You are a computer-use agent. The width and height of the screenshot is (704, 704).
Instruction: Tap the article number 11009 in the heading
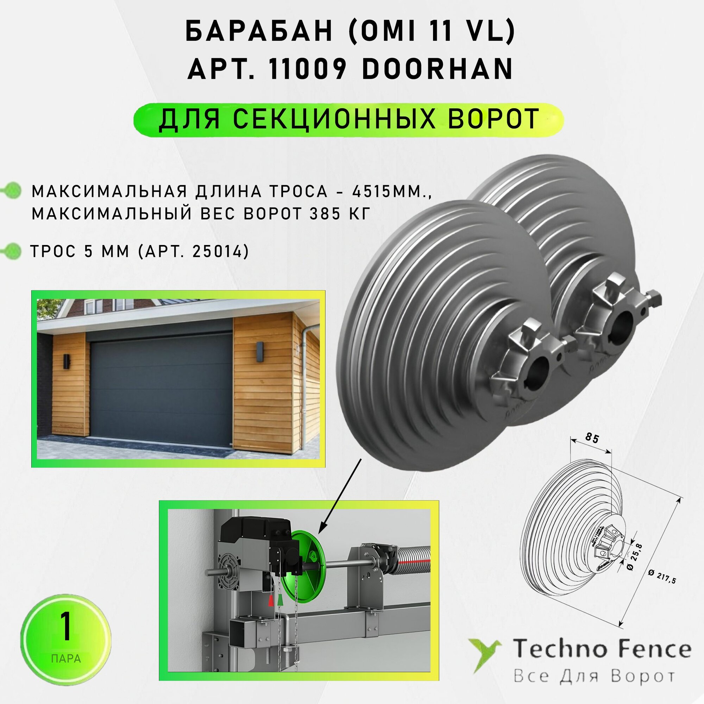pos(306,69)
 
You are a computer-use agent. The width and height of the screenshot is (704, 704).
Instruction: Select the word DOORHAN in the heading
pos(438,69)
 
